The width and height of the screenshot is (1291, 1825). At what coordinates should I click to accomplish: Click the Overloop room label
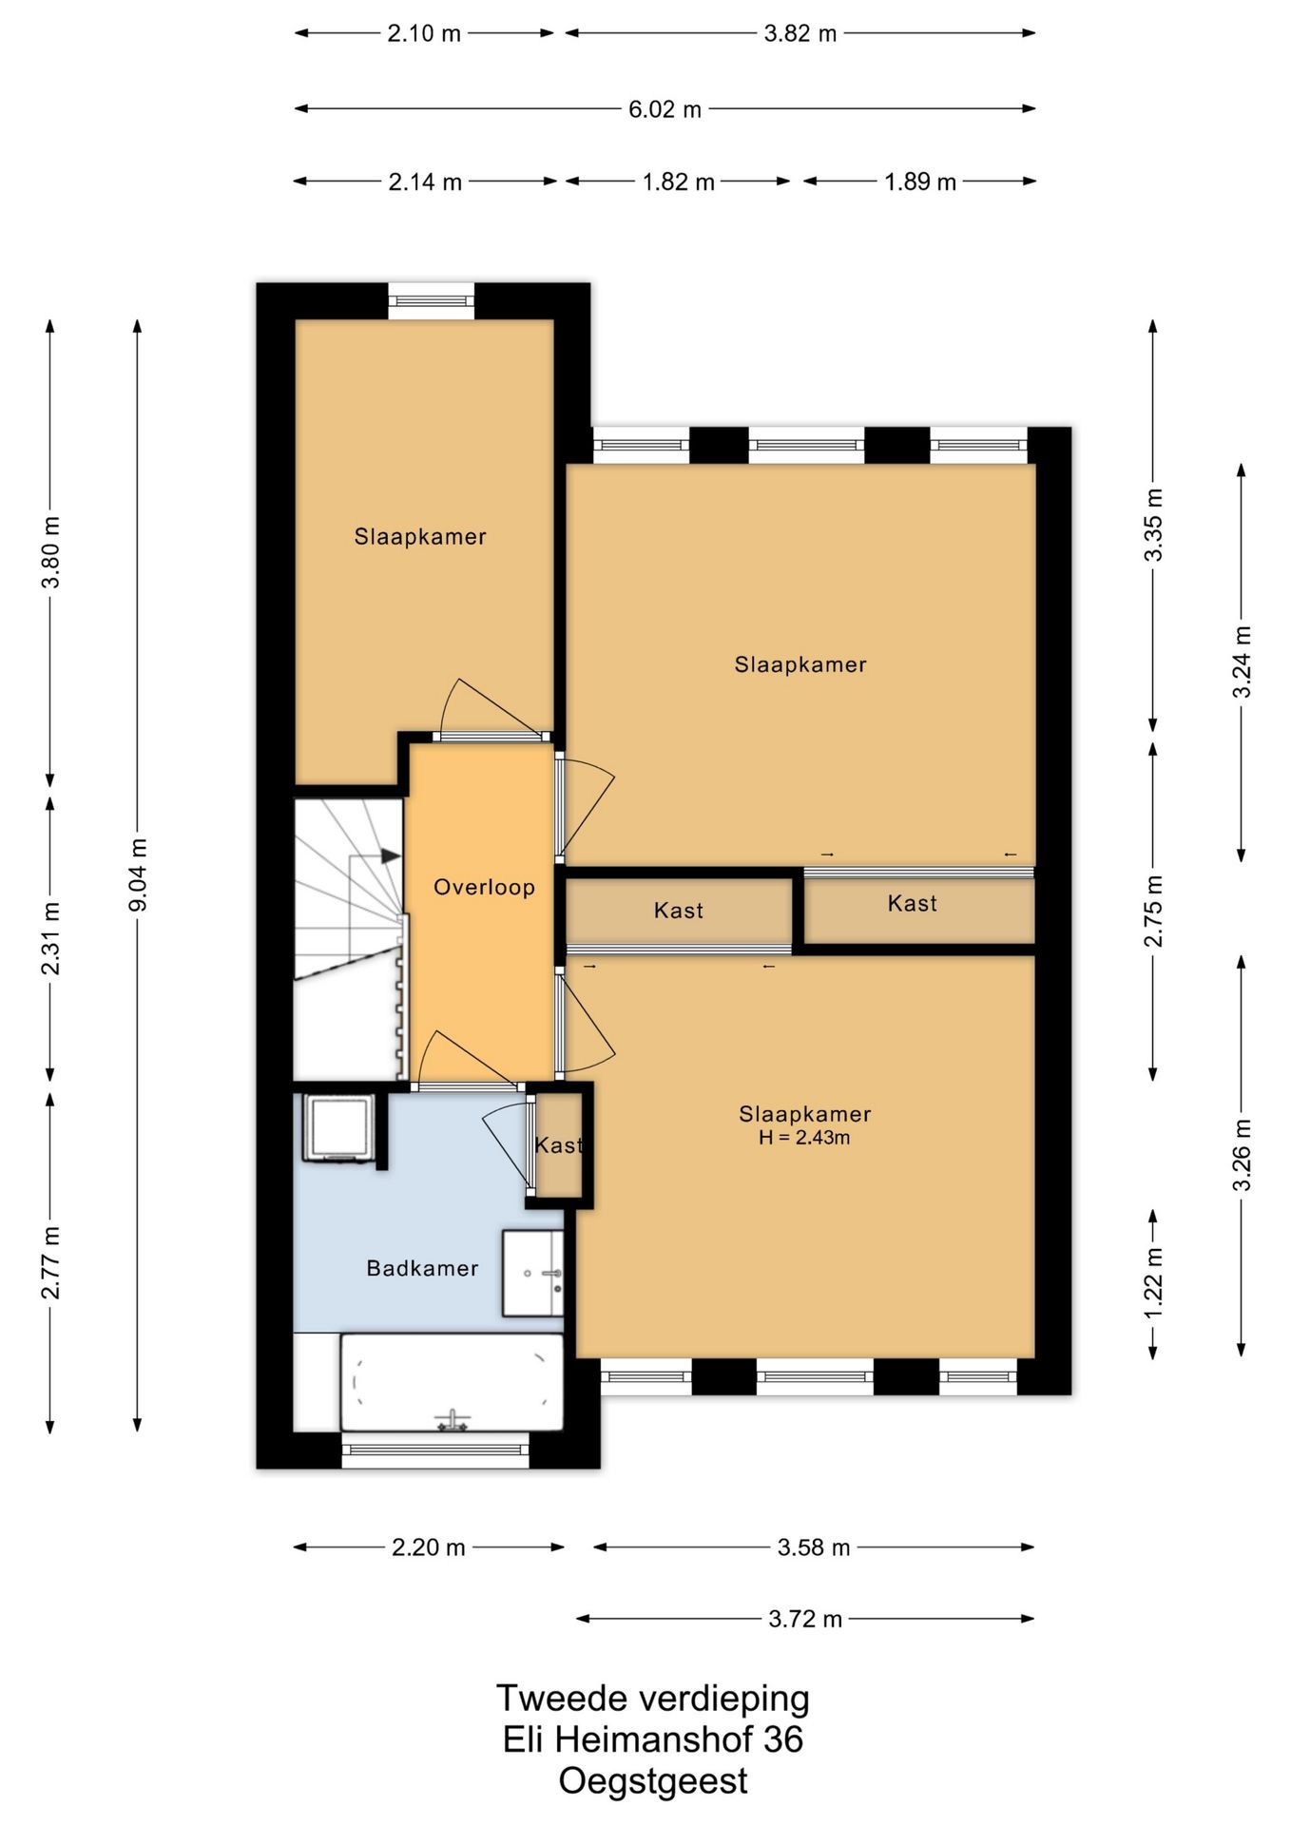[x=484, y=888]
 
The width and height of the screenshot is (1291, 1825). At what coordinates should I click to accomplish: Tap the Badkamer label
[x=422, y=1268]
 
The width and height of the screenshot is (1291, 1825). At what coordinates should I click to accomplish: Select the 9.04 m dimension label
[x=138, y=874]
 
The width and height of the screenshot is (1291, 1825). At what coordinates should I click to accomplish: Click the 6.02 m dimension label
[x=665, y=109]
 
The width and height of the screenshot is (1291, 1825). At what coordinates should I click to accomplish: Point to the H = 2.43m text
[x=804, y=1138]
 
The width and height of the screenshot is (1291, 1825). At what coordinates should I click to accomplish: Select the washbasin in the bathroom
[x=532, y=1274]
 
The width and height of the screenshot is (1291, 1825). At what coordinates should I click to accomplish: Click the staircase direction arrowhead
[x=390, y=855]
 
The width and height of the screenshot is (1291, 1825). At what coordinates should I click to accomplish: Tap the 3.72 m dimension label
[x=805, y=1619]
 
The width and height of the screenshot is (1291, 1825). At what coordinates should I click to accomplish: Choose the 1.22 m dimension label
[x=1153, y=1283]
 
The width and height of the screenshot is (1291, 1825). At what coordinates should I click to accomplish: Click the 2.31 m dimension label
[x=50, y=939]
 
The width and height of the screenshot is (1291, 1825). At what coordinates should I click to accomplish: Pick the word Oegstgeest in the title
[x=653, y=1780]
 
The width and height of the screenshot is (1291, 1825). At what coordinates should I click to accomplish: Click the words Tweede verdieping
[x=653, y=1698]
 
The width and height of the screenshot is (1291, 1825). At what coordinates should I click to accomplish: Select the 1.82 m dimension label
[x=678, y=182]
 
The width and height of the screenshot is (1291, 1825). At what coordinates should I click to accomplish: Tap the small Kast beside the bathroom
[x=559, y=1145]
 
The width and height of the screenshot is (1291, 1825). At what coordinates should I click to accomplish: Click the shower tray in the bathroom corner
[x=337, y=1128]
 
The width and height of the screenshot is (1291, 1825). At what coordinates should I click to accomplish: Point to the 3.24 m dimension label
[x=1242, y=663]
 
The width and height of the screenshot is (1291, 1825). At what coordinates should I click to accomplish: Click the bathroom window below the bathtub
[x=435, y=1450]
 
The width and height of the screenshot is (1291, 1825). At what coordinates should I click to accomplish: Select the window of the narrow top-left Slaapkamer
[x=431, y=301]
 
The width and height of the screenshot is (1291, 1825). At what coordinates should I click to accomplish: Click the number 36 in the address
[x=783, y=1739]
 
